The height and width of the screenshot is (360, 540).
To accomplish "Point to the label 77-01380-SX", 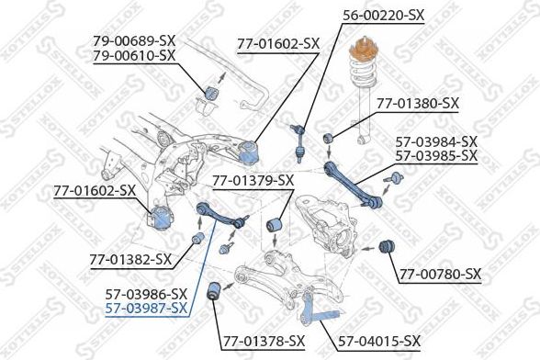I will (x=416, y=104).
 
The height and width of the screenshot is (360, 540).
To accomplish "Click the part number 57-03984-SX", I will (x=435, y=141).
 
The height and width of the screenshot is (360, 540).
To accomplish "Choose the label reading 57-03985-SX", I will (x=435, y=155).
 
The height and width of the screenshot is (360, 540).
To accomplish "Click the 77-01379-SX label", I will (x=253, y=179).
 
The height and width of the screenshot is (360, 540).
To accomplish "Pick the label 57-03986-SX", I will (x=145, y=293).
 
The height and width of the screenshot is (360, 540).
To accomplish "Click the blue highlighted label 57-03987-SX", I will (x=145, y=308).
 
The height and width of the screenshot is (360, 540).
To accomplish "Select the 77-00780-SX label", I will (x=440, y=274).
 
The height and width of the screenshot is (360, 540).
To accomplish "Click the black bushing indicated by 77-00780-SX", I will (x=387, y=246).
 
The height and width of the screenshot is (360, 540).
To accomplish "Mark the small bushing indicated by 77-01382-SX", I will (x=196, y=240).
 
